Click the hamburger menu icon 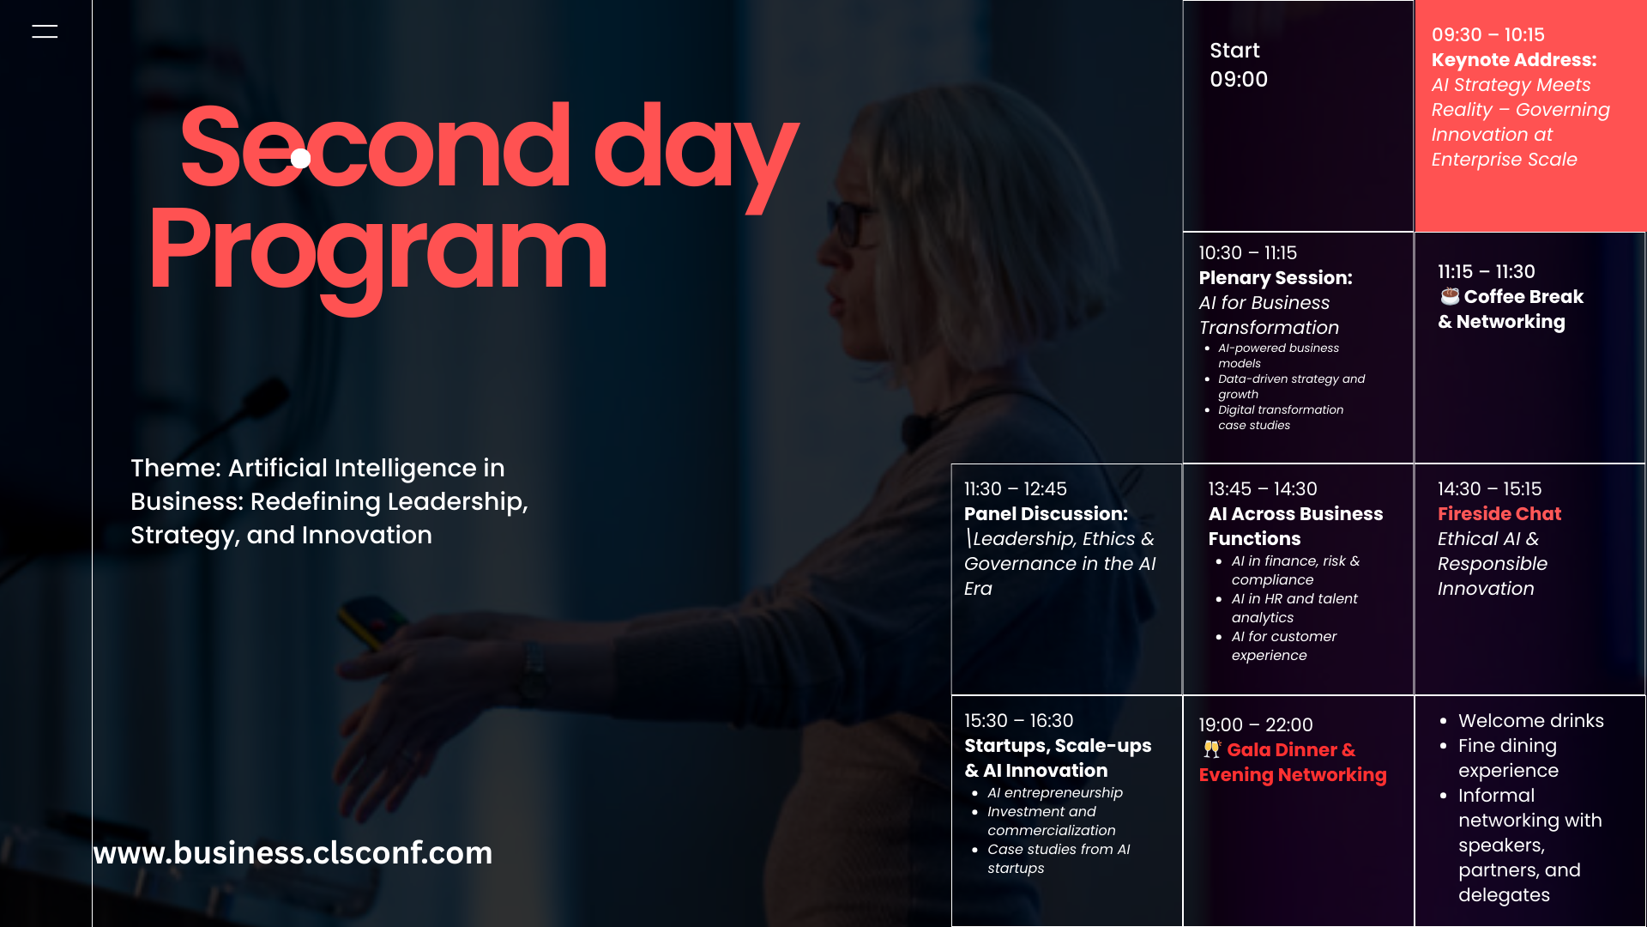click(45, 32)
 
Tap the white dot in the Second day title click(300, 158)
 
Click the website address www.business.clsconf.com click(293, 852)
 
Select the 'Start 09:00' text click(1239, 64)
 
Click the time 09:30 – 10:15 click(1487, 35)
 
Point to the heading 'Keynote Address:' click(1514, 60)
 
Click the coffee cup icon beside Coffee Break click(1450, 296)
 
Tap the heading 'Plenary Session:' click(1276, 278)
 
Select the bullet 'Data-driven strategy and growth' click(1291, 386)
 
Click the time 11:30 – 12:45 click(1016, 489)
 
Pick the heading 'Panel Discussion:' click(1046, 514)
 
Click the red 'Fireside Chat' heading click(1499, 514)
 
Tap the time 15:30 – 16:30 click(1019, 721)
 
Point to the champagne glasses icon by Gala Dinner click(1211, 749)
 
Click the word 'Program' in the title click(378, 254)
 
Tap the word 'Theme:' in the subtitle click(176, 469)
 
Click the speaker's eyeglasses click(849, 221)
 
